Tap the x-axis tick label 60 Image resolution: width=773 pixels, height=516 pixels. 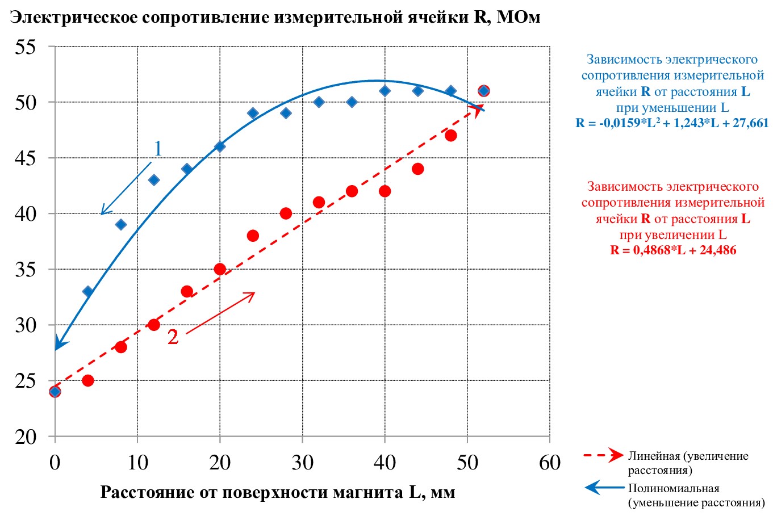549,463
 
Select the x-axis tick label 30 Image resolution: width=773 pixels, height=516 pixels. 302,463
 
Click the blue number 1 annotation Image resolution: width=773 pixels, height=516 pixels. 158,149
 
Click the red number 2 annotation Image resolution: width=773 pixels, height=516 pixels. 173,337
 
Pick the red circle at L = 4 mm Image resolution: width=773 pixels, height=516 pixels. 87,380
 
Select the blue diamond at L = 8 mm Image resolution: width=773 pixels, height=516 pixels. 120,224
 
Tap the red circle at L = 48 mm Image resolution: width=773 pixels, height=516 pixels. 450,136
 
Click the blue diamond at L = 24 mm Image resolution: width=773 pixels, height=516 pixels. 253,113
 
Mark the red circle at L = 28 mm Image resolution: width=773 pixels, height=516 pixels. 286,213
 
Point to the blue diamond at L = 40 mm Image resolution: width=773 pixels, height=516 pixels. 385,91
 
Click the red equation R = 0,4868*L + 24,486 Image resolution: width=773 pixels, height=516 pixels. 673,250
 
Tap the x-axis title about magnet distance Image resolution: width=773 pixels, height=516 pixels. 278,492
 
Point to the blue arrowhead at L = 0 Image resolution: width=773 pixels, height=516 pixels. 58,345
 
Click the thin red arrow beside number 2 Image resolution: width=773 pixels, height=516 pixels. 220,313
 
